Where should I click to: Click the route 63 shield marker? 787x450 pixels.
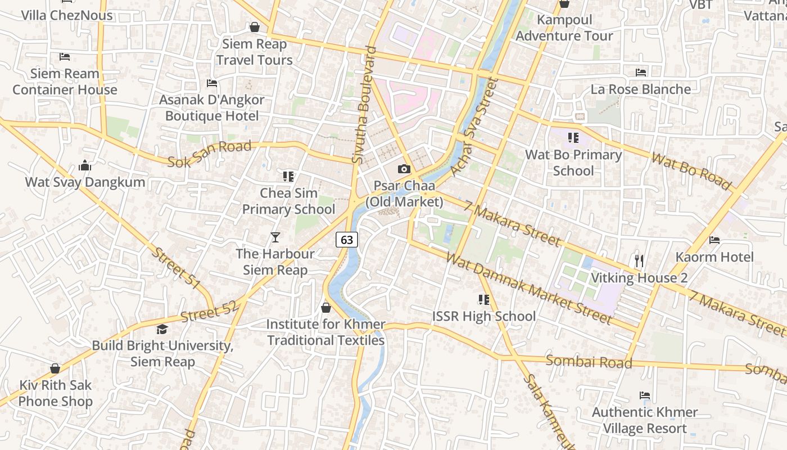347,240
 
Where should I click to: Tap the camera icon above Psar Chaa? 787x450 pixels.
404,169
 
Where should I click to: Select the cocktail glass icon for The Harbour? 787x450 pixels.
275,237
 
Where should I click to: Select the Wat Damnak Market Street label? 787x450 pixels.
528,288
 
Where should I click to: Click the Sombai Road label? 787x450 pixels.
589,362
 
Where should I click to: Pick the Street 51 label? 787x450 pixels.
176,268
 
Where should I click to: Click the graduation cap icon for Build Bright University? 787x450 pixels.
162,330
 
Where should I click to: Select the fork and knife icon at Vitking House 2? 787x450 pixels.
639,260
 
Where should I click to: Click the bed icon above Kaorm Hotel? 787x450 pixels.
714,240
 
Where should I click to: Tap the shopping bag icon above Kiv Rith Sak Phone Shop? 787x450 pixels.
55,368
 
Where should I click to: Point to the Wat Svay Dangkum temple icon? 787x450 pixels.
85,165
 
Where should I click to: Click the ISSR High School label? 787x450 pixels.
483,316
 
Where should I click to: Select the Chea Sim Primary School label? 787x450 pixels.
288,201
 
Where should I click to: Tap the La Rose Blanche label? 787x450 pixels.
640,89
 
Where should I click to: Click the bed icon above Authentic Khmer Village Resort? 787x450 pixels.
645,395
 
